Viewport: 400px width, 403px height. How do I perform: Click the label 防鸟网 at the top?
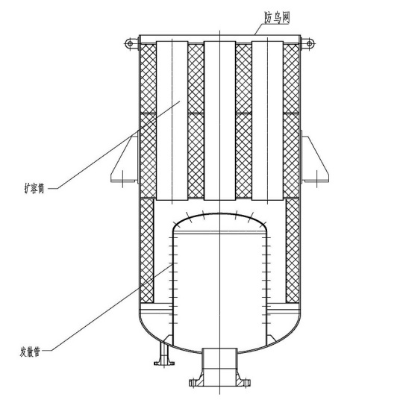[278, 17]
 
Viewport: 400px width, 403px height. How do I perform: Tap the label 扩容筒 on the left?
[34, 188]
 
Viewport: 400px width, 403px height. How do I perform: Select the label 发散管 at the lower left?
[30, 352]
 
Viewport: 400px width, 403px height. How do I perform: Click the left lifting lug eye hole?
[130, 43]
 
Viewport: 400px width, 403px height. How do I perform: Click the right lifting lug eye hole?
[309, 43]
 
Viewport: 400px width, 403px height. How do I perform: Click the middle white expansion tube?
[220, 120]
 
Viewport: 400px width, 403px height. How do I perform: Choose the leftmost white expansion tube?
[172, 120]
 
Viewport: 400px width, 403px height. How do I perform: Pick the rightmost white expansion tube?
[267, 120]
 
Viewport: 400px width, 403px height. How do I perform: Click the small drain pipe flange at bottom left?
[164, 363]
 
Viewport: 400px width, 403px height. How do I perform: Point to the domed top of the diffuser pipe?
[220, 214]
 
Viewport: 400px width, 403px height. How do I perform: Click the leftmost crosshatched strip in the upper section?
[148, 121]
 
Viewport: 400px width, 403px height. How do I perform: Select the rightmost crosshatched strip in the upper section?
[291, 121]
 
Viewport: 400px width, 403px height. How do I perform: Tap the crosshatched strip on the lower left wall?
[147, 251]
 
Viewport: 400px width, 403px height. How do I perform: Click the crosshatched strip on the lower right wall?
[293, 251]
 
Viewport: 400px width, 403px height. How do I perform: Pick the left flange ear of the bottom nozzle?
[194, 382]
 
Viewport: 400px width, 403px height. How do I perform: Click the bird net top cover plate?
[220, 39]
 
